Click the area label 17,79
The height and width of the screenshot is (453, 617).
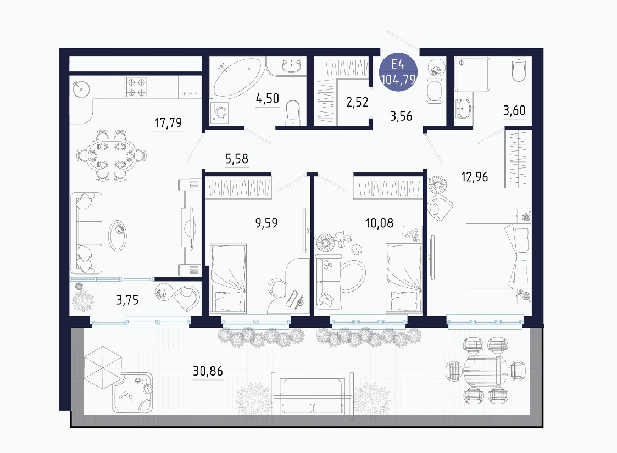tap(169, 122)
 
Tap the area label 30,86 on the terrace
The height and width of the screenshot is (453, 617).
tap(208, 371)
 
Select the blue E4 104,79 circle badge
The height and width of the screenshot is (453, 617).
tap(398, 72)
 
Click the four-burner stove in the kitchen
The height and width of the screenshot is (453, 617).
tap(137, 87)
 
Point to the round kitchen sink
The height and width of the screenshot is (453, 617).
tap(81, 90)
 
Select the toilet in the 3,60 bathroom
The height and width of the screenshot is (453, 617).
tap(519, 69)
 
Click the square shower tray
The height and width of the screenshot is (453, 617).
tap(472, 75)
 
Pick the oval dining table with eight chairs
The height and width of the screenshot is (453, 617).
tap(112, 156)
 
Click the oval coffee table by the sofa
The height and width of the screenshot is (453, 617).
tap(118, 235)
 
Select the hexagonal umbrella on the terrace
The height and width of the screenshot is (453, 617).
tap(103, 368)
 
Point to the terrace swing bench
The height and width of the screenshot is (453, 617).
tap(313, 395)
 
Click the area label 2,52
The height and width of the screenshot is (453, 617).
tap(357, 102)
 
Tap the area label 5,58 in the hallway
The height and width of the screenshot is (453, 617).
tap(236, 159)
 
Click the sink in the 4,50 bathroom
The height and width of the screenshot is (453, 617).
tap(291, 65)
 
